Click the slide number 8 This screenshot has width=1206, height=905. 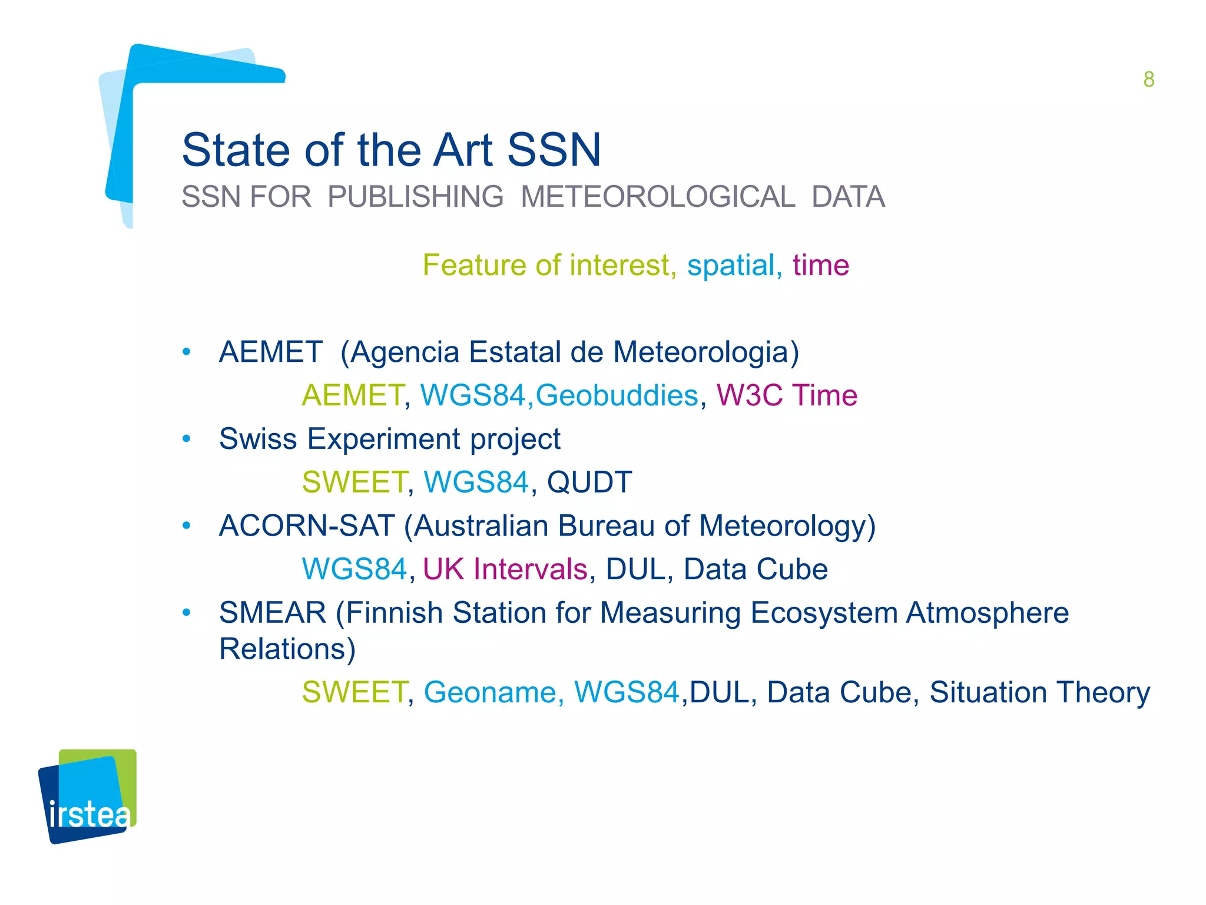click(1148, 80)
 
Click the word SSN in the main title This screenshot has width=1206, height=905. click(554, 150)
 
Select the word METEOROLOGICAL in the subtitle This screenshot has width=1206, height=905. click(658, 197)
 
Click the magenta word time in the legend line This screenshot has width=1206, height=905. click(821, 265)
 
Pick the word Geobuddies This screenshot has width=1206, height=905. click(617, 395)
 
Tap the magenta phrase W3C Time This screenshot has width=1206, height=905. click(787, 395)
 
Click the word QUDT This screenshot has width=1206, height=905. click(589, 482)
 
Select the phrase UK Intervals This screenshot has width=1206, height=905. click(505, 569)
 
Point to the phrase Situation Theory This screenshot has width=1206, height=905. click(1039, 692)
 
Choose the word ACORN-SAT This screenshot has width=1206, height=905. click(306, 526)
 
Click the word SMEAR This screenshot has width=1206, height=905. click(273, 613)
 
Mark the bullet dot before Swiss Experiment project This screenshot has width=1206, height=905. click(187, 439)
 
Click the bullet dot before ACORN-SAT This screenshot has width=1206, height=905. click(187, 526)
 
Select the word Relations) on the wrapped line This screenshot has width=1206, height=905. click(287, 649)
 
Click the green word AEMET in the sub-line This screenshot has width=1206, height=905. click(352, 395)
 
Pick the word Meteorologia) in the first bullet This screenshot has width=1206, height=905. click(706, 352)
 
